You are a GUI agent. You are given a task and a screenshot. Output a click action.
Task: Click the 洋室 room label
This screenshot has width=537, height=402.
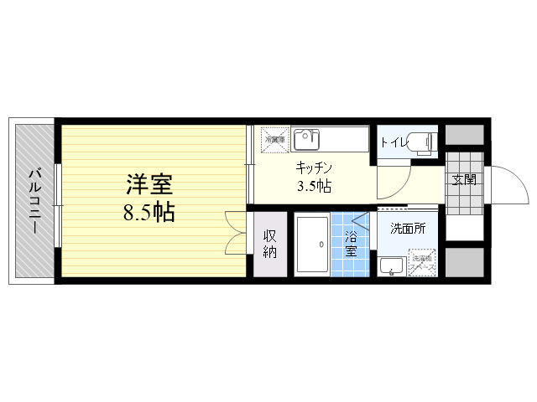[151, 182]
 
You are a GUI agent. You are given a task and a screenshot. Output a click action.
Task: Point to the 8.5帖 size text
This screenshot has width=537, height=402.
[149, 213]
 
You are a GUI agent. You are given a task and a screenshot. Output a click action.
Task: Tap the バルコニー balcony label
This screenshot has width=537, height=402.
[35, 201]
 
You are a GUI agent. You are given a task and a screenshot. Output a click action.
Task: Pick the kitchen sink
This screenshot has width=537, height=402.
[307, 138]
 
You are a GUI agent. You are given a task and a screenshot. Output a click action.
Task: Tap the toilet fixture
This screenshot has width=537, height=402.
[423, 142]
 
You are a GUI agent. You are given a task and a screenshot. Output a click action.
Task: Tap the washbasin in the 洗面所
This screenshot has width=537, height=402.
[390, 265]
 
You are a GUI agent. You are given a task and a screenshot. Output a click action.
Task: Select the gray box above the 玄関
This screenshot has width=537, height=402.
[464, 135]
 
